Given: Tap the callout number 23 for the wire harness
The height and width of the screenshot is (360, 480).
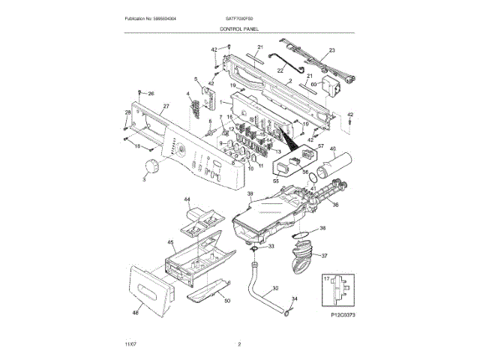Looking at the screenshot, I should click(332, 51).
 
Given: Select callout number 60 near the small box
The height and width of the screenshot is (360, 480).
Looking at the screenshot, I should click(314, 85).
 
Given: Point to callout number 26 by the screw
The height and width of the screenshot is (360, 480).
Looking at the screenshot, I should click(150, 94).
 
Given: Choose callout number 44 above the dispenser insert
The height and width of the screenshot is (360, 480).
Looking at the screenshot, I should click(187, 200).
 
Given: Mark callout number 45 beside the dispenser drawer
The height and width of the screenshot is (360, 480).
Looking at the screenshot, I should click(170, 243).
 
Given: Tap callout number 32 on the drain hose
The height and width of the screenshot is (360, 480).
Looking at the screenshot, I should click(275, 288).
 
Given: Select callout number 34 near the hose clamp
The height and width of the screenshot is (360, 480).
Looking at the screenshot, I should click(294, 299).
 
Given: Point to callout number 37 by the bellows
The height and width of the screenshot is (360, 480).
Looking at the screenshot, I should click(325, 256).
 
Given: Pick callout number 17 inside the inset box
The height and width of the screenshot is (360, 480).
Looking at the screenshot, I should click(325, 279).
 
